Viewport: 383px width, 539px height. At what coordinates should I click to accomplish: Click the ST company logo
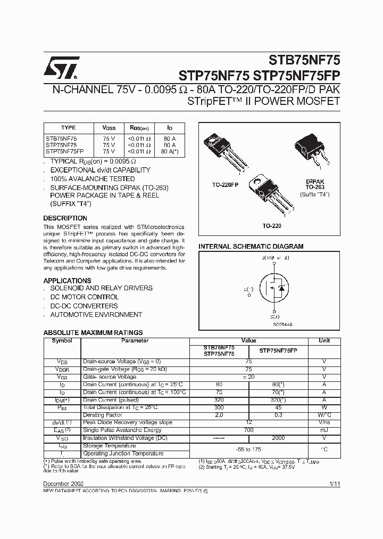tap(62, 67)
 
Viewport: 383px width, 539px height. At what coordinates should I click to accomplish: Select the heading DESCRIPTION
tap(65, 218)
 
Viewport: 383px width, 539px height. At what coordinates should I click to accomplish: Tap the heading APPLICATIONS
tap(67, 281)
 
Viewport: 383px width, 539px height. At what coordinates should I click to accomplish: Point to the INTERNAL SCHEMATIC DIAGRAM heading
tap(251, 247)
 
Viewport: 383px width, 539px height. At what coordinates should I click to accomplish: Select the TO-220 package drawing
tap(272, 192)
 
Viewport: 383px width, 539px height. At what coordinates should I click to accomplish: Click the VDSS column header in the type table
tap(109, 128)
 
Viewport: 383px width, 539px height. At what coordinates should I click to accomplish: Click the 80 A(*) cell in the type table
tap(169, 151)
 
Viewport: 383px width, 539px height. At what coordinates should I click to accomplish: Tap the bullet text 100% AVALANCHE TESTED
tap(93, 179)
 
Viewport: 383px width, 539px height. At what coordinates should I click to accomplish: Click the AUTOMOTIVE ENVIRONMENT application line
tap(96, 315)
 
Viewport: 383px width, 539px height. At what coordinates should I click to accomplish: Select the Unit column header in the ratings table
tap(324, 341)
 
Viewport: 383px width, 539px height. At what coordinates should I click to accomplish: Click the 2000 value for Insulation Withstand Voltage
tap(278, 438)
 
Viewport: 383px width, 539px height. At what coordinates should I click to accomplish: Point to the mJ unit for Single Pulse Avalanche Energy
tap(324, 430)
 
